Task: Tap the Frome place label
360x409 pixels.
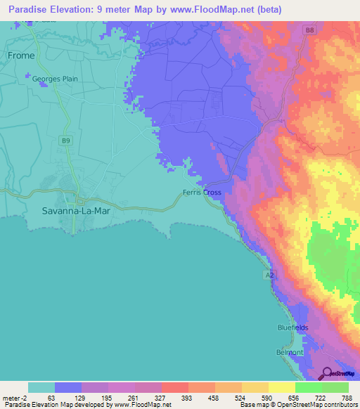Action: coord(20,55)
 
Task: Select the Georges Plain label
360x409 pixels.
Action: coord(51,79)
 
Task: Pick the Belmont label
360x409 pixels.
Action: coord(289,351)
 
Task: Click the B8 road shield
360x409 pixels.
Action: coord(310,30)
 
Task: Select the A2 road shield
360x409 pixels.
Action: coord(269,275)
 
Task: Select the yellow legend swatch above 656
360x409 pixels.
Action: coord(281,387)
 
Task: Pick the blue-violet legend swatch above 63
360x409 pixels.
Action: coord(67,387)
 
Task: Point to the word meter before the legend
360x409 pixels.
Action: coord(13,397)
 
